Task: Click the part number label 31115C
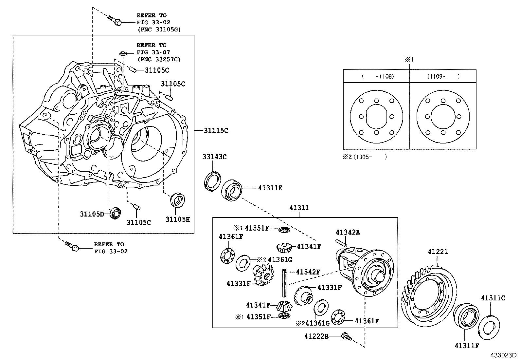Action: (x=216, y=130)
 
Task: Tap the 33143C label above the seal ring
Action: (x=214, y=157)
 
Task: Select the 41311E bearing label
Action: (x=270, y=188)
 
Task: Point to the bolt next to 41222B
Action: (x=346, y=336)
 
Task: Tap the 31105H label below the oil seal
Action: (x=177, y=219)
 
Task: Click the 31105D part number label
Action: (x=92, y=214)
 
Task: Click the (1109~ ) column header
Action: (x=443, y=76)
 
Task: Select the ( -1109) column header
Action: (x=378, y=76)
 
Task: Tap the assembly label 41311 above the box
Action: (x=299, y=208)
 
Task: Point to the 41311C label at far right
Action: (x=493, y=298)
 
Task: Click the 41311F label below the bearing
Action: (x=467, y=346)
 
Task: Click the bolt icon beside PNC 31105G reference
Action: (x=115, y=20)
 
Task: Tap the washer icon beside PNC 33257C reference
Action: (x=123, y=53)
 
